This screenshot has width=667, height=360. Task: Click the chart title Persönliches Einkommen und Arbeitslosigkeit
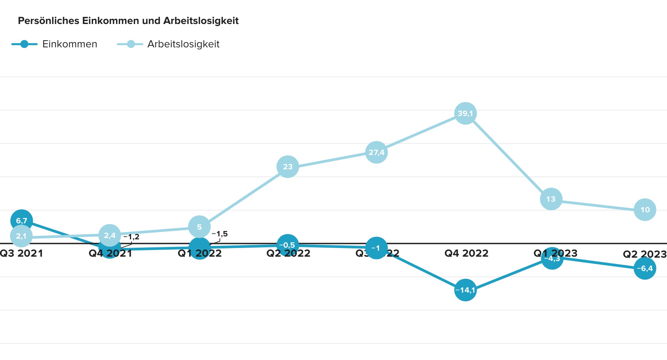coord(128,21)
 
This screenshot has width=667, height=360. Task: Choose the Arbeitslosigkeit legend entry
coord(168,44)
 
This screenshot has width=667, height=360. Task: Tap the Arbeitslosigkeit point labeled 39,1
coord(465,113)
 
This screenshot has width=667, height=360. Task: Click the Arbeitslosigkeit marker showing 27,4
coord(376,152)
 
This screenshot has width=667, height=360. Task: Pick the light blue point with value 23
coord(287,167)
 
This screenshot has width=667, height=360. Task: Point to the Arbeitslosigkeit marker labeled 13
coord(551,199)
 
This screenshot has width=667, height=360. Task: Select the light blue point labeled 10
coord(645,210)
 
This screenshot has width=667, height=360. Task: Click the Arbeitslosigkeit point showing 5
coord(199,227)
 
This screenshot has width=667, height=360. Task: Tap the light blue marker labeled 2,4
coord(110,235)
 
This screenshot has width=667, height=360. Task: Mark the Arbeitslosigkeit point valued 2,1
coord(21,236)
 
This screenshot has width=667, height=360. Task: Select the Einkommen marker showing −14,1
coord(465,290)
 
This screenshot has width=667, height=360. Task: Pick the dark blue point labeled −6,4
coord(645,268)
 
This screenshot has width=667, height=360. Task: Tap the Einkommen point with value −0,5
coord(287,245)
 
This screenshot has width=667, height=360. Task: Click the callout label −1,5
coord(220,234)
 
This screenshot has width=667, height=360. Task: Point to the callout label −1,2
coord(131,237)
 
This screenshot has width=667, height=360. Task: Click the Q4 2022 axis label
coord(466,254)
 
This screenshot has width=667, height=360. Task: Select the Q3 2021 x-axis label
coord(21,254)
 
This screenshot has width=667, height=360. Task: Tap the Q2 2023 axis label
coord(644,254)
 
